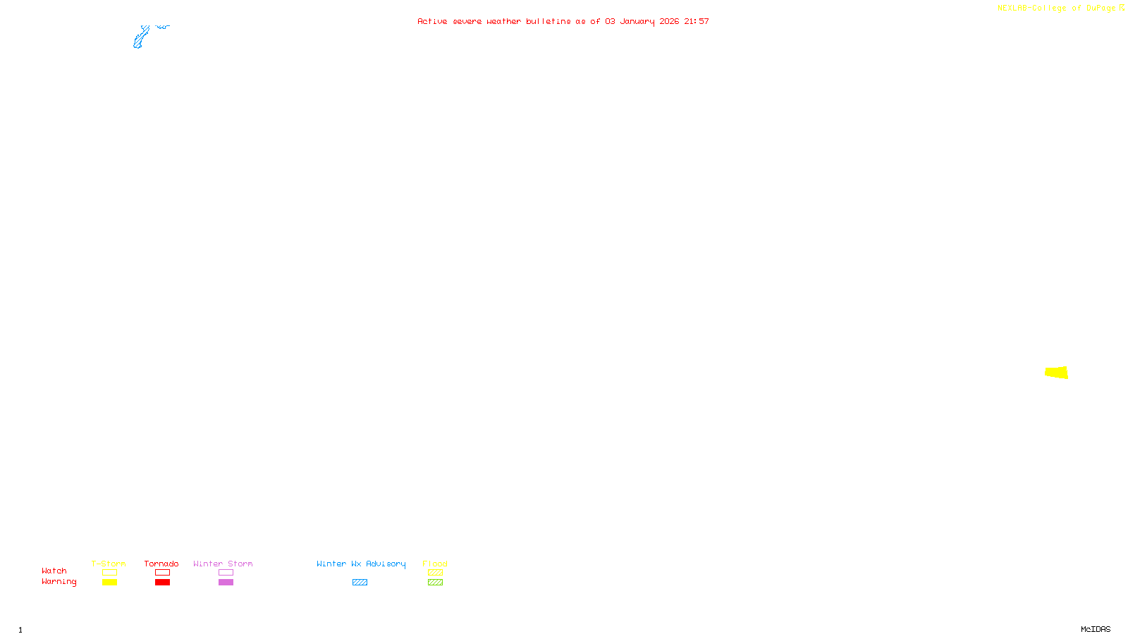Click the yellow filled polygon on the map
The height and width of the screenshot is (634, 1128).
[x=1057, y=372]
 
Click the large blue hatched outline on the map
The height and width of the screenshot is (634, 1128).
[x=140, y=38]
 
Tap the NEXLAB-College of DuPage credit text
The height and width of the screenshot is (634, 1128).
[x=1056, y=8]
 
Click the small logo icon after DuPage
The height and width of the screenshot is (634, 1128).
[x=1122, y=8]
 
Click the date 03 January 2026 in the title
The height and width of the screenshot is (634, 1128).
[x=642, y=21]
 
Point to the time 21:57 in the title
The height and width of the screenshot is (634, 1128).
[x=697, y=21]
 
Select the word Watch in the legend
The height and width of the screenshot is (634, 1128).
[x=54, y=571]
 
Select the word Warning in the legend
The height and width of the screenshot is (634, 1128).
[x=59, y=582]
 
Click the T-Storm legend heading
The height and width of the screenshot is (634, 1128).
[x=109, y=564]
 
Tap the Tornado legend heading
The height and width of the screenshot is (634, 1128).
[x=161, y=564]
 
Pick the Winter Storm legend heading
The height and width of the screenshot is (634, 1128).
[x=223, y=564]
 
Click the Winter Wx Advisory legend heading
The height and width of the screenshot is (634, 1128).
[x=361, y=564]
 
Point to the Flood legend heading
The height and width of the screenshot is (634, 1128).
[x=435, y=564]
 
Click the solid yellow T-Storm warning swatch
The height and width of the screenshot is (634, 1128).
[x=109, y=583]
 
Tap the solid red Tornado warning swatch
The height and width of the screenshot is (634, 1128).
[x=163, y=583]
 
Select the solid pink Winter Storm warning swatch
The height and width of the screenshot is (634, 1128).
[x=226, y=583]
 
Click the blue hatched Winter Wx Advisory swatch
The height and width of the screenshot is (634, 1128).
[x=360, y=583]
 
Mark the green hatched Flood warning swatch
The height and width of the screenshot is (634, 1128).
[x=435, y=583]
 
